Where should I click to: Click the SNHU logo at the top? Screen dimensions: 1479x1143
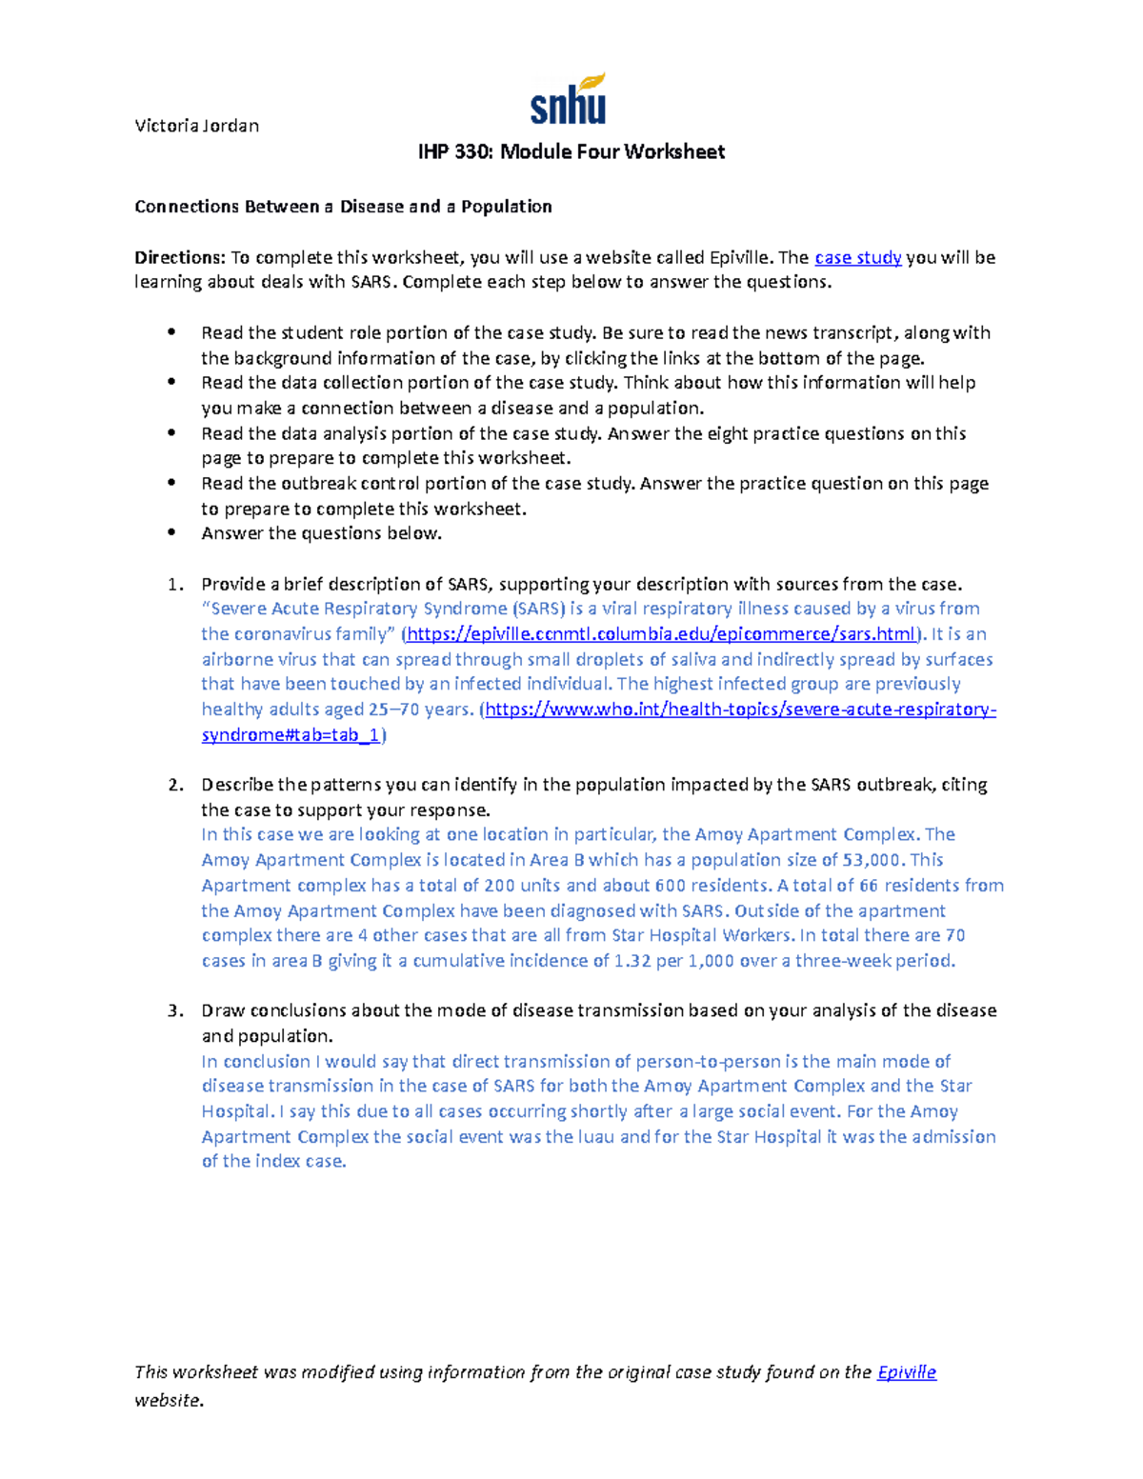[x=568, y=100]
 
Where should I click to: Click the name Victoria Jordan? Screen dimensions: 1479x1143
[x=196, y=126]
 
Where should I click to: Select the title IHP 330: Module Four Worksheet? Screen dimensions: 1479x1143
[x=571, y=152]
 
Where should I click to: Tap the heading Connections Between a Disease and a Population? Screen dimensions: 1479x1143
[x=343, y=207]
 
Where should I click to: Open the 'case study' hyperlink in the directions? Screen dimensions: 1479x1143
[x=857, y=257]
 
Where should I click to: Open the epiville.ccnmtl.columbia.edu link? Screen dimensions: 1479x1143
[x=662, y=634]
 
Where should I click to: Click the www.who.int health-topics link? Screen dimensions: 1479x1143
[x=740, y=710]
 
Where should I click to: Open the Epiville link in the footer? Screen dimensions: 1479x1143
[x=906, y=1372]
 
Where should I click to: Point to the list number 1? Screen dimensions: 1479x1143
[x=173, y=585]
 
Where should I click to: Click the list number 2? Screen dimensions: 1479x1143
[x=173, y=786]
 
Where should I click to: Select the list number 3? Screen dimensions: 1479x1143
[x=173, y=1011]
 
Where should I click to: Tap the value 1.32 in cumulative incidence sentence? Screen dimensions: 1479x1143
[x=632, y=961]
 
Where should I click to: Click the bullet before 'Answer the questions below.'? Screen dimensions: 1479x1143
[x=171, y=533]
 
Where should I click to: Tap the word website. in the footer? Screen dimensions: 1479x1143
[x=169, y=1401]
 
